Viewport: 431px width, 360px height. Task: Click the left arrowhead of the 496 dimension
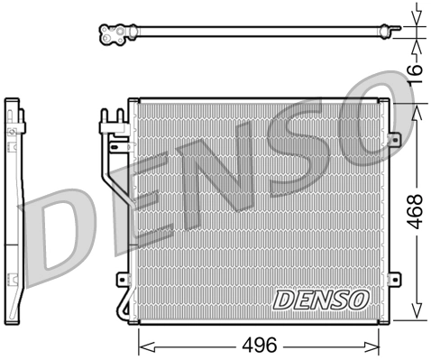pos(142,344)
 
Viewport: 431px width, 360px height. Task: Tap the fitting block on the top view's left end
pos(114,35)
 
